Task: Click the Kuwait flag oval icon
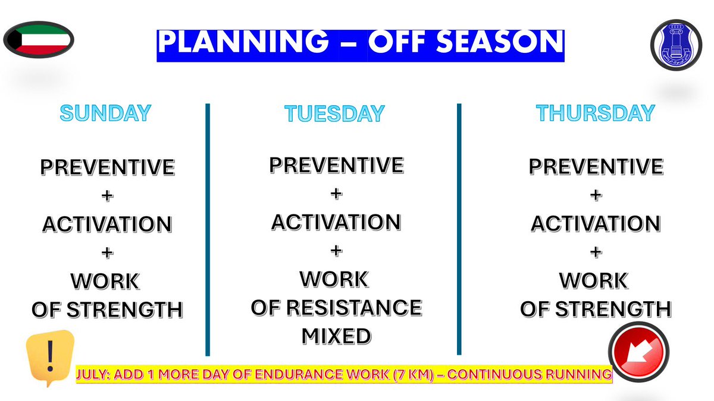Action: click(39, 40)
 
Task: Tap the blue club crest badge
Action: click(676, 45)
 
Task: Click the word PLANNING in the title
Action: click(243, 42)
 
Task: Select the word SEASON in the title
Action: click(500, 42)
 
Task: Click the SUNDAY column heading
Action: click(105, 113)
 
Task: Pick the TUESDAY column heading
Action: click(334, 113)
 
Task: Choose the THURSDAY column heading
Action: click(596, 113)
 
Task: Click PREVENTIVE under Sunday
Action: click(108, 167)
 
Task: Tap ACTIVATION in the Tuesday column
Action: click(336, 222)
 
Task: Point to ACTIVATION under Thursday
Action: click(596, 223)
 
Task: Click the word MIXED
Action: click(336, 336)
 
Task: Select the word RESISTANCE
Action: click(354, 308)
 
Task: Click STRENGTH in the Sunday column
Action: click(124, 310)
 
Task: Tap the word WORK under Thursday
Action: click(594, 280)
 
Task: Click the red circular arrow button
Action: click(638, 352)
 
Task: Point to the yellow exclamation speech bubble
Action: click(50, 358)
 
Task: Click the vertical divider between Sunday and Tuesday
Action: click(208, 229)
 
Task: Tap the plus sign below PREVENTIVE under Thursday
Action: click(596, 195)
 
